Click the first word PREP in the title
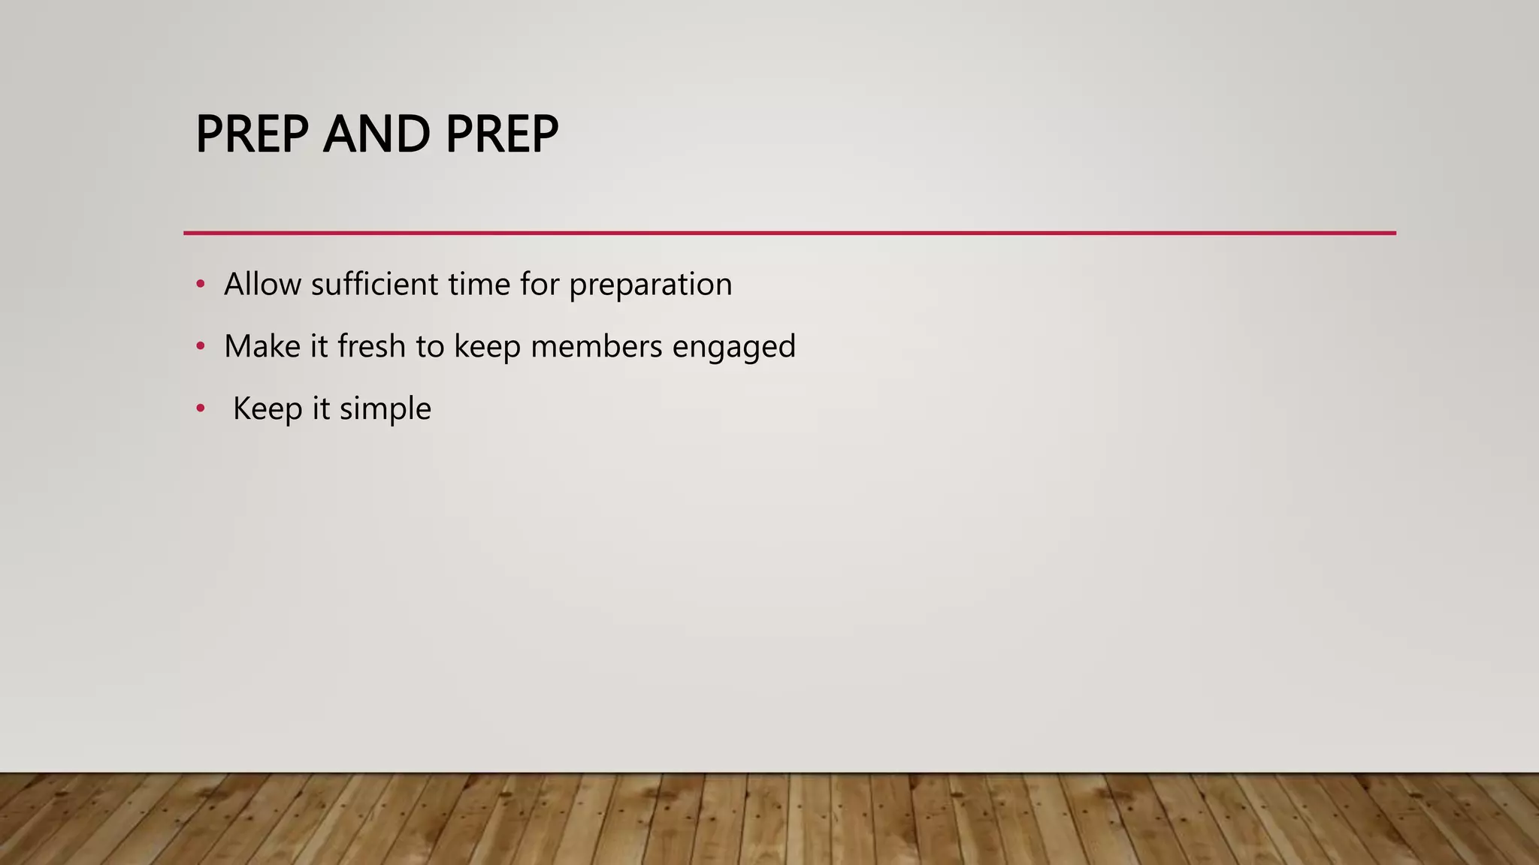[252, 134]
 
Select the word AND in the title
[376, 134]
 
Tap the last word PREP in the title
[501, 134]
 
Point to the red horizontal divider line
[789, 234]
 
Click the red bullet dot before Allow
[200, 285]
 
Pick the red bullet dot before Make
[200, 347]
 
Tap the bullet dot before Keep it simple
[200, 409]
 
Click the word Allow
[262, 285]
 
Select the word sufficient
[374, 285]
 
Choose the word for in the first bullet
[539, 285]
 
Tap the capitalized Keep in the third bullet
[268, 409]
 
